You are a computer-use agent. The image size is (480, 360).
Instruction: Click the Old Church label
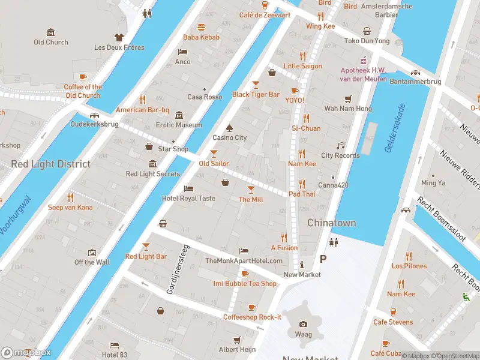(x=51, y=42)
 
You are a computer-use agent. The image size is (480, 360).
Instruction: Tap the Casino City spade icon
(x=229, y=127)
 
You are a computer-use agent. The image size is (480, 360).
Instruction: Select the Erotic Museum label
(x=179, y=125)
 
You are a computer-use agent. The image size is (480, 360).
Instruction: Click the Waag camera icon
(x=303, y=324)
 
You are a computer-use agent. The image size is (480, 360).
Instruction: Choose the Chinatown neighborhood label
(x=331, y=223)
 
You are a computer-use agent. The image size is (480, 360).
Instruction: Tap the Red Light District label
(x=50, y=164)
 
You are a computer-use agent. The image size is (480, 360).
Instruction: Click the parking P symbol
(x=323, y=259)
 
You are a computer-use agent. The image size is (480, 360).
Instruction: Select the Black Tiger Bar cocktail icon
(x=256, y=85)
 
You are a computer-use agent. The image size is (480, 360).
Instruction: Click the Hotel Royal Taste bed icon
(x=188, y=188)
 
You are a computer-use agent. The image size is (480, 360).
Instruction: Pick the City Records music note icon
(x=340, y=146)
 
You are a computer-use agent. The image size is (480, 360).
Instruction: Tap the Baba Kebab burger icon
(x=202, y=27)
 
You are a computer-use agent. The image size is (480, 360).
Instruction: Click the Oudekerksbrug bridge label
(x=94, y=125)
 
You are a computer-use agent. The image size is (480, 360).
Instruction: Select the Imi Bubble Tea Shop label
(x=245, y=283)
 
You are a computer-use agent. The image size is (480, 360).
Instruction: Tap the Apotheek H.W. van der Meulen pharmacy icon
(x=362, y=60)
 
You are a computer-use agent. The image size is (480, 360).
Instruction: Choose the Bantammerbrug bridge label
(x=415, y=81)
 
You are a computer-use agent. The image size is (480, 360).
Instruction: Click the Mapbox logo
(x=25, y=353)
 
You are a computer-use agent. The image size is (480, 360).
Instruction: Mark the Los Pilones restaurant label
(x=409, y=266)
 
